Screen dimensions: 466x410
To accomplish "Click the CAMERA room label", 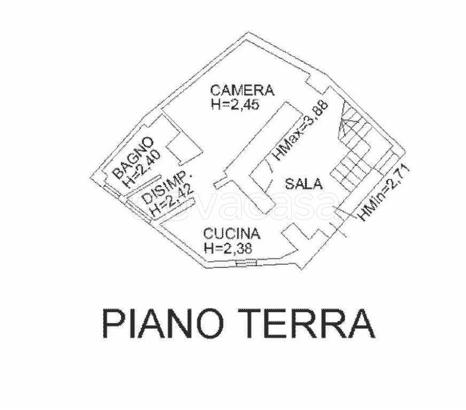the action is click(242, 90).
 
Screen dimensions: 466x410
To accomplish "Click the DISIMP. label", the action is click(166, 187).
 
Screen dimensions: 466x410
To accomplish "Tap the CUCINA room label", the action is click(232, 233).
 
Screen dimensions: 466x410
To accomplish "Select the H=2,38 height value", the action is click(228, 247).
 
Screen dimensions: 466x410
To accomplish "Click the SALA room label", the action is click(304, 184).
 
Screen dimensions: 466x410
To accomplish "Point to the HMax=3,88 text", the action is click(301, 131).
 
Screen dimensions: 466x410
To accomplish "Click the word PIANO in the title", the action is click(163, 324).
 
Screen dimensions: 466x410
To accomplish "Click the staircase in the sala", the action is click(354, 148).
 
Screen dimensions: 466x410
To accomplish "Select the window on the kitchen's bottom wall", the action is click(246, 263).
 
